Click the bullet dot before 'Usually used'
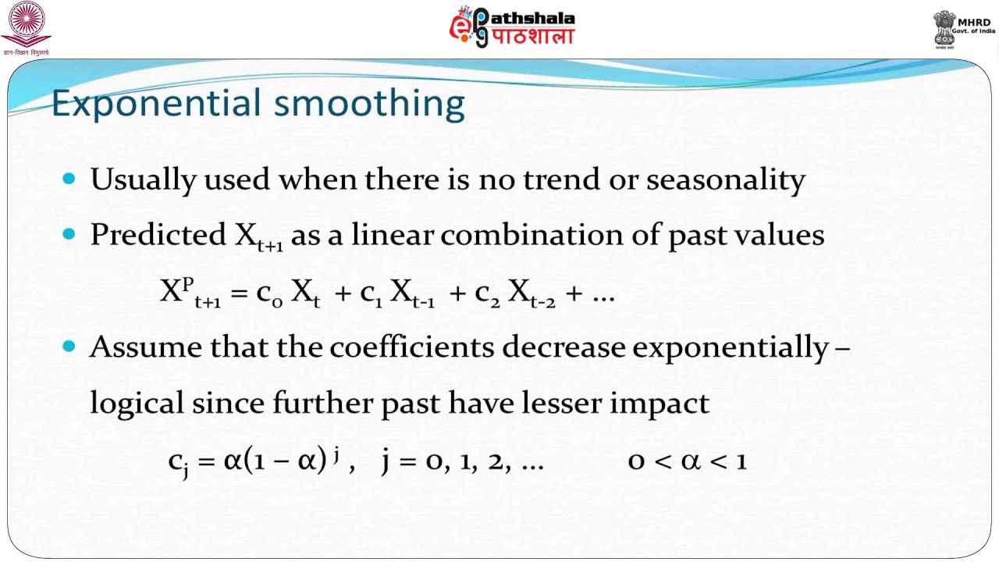tap(69, 180)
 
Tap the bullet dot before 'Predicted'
tap(69, 234)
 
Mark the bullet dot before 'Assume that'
tap(69, 347)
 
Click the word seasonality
tap(726, 180)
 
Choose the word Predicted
tap(158, 235)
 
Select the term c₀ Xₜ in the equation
tap(288, 293)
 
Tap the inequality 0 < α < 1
tap(688, 461)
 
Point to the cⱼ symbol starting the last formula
tap(179, 462)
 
